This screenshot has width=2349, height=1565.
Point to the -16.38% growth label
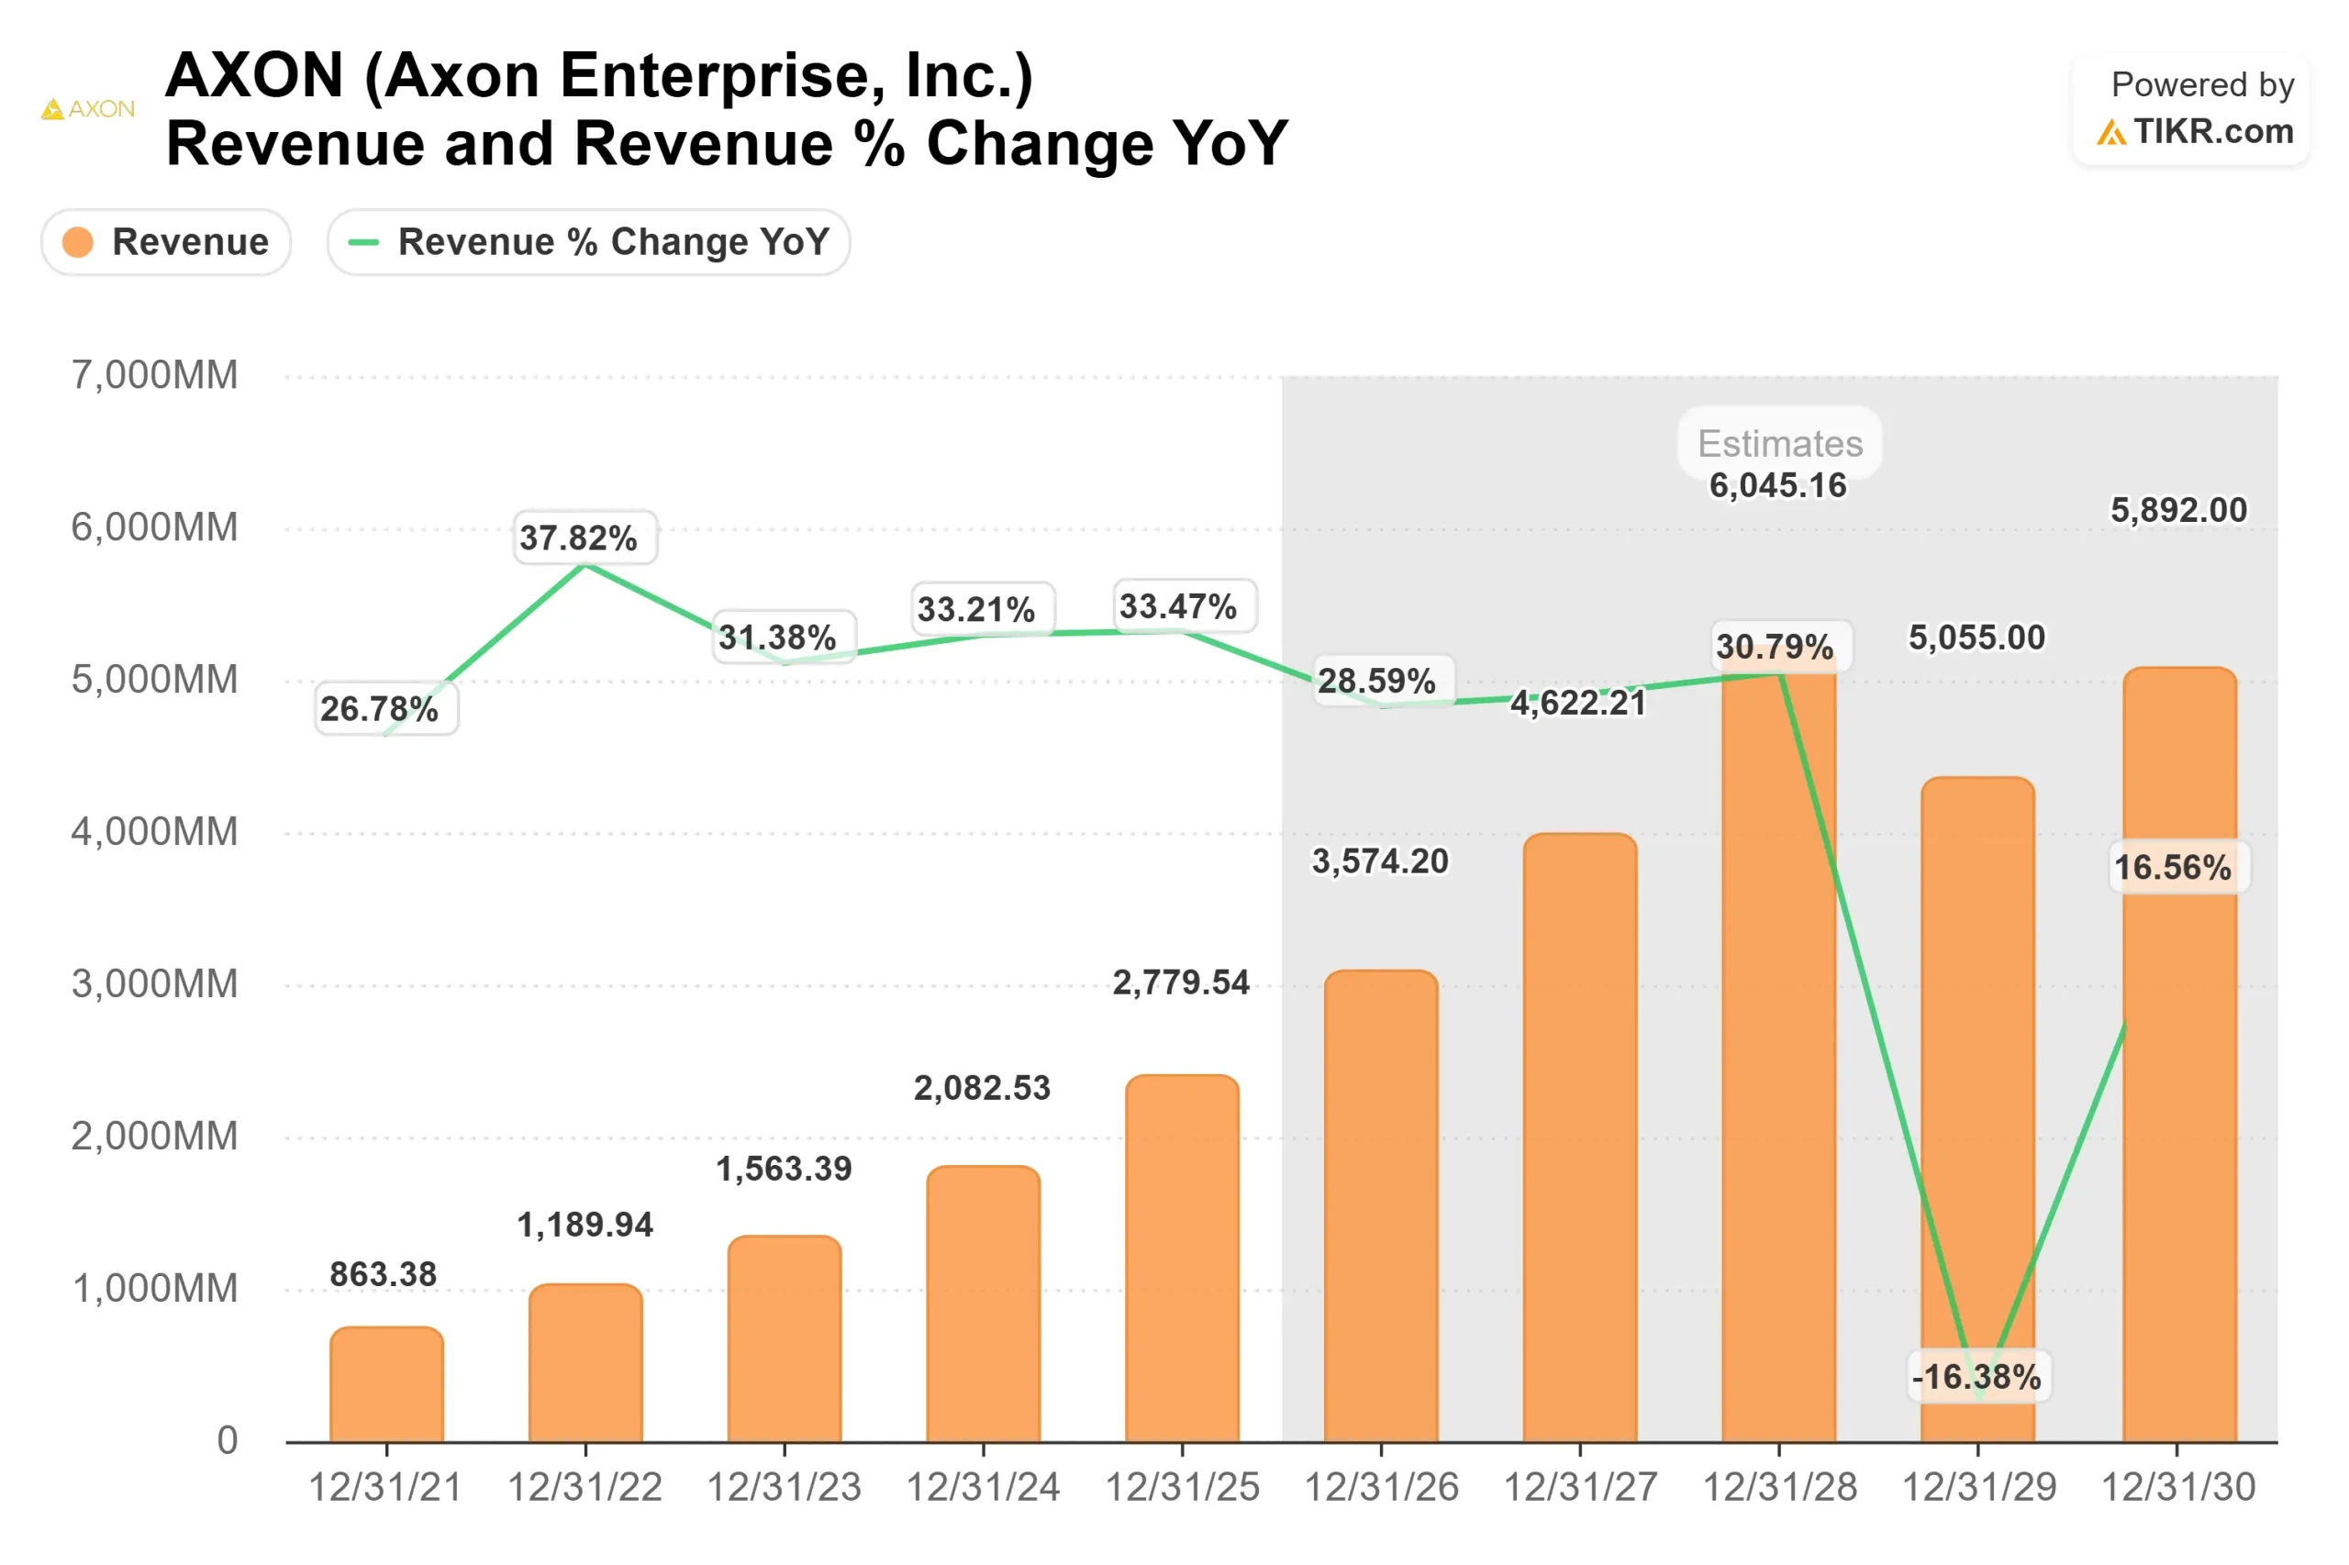1976,1377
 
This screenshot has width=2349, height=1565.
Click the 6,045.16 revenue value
1777,486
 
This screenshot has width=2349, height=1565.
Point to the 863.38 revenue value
384,1274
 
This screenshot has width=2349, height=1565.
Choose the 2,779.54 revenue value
1181,983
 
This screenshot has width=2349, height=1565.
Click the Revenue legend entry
166,241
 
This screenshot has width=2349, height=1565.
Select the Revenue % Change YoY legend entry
588,241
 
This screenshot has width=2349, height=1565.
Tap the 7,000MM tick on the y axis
155,375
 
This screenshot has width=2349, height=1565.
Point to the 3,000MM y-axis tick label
155,984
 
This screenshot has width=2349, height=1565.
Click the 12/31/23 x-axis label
784,1487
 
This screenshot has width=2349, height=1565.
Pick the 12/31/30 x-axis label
2177,1487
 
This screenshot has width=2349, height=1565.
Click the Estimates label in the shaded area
1780,443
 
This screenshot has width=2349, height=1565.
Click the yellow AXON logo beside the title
88,109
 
